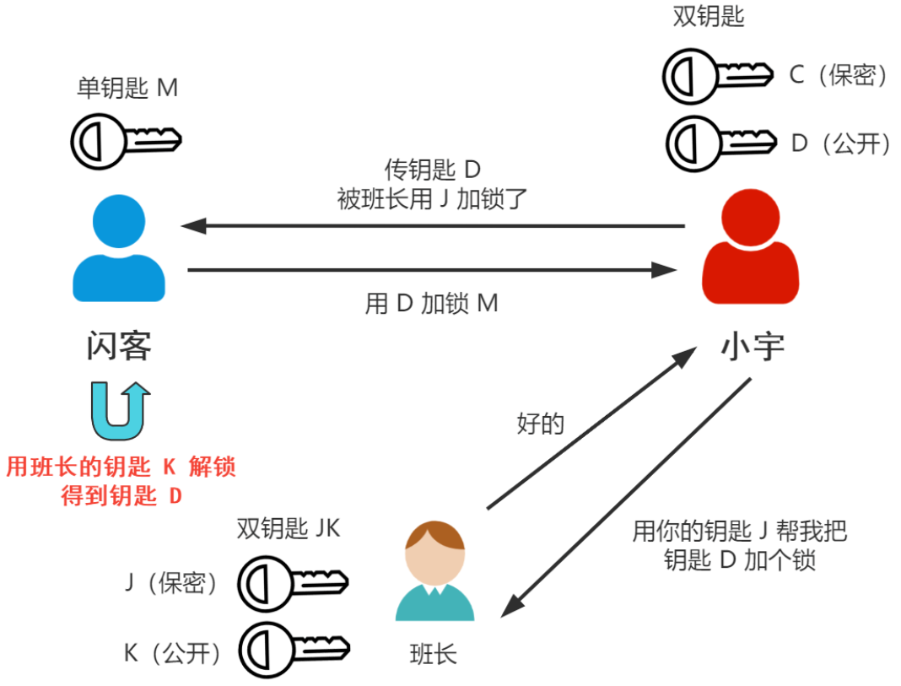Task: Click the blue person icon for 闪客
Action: [119, 249]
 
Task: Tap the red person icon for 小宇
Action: [750, 250]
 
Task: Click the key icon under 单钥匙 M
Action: [125, 139]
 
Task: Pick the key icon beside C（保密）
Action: [718, 74]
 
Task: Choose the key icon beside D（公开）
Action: [720, 142]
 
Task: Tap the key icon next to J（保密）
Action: [292, 581]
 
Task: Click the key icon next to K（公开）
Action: [292, 649]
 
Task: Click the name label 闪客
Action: [119, 345]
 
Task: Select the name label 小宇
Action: [752, 347]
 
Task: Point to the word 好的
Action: [540, 423]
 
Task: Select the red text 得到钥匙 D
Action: [121, 495]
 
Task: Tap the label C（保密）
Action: [839, 75]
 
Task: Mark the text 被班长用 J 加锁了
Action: [432, 199]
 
